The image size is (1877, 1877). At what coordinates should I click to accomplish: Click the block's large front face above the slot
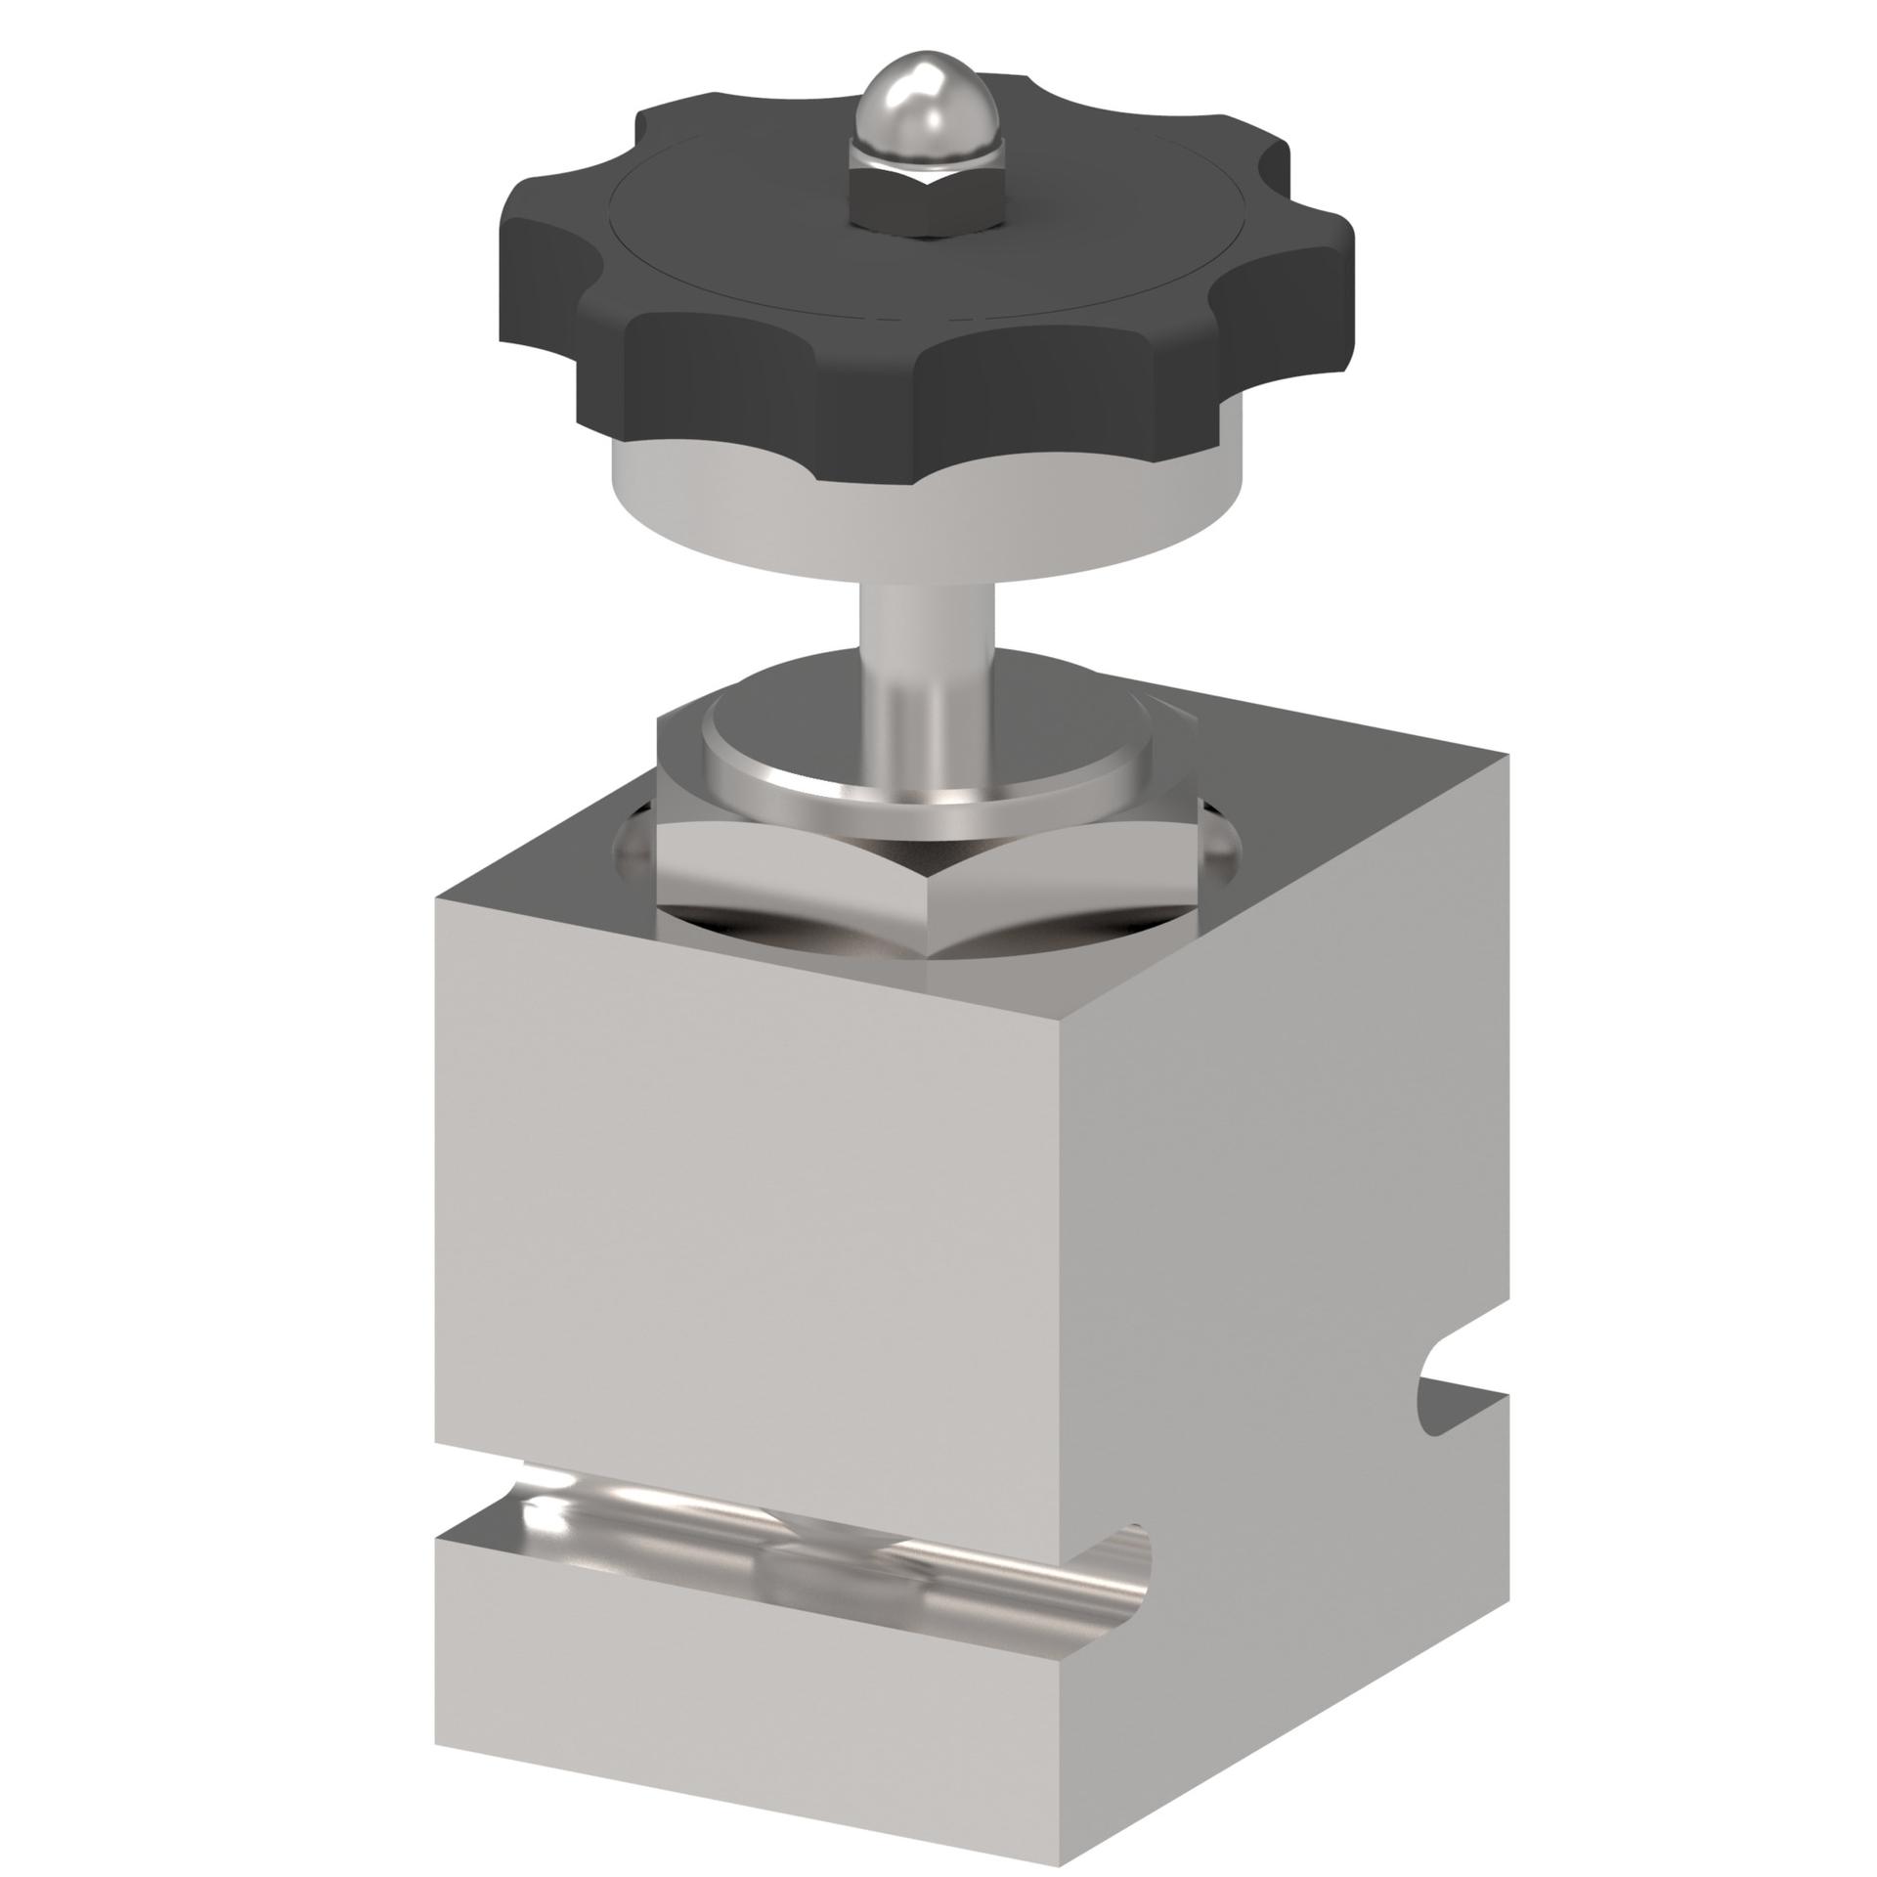782,1222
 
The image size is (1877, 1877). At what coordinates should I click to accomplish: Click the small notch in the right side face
1447,1408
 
